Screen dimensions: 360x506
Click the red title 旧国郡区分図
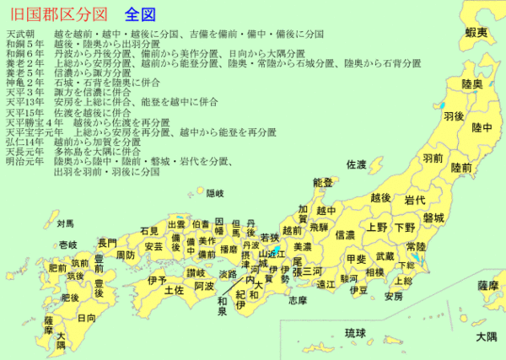[56, 14]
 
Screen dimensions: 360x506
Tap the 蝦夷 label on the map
[476, 32]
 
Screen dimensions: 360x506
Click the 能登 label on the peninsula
[322, 182]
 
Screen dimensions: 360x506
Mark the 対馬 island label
[66, 224]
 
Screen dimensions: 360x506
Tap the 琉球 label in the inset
[356, 333]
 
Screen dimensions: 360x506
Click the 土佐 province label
[174, 290]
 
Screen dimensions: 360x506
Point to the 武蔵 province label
[385, 255]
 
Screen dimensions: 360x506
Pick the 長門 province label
[107, 243]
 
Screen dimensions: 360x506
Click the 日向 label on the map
[86, 319]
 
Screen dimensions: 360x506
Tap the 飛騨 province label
[318, 226]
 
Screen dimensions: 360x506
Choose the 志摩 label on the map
[297, 300]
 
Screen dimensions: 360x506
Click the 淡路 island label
[228, 274]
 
